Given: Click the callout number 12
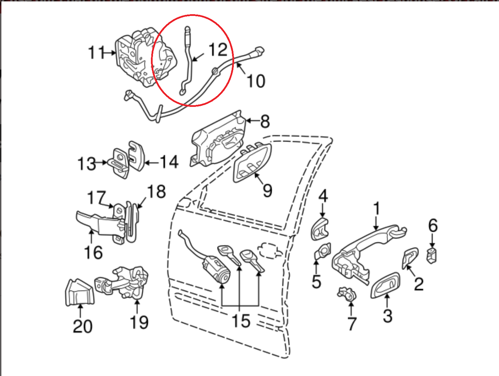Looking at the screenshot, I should pyautogui.click(x=218, y=50).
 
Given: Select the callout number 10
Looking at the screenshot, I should pyautogui.click(x=256, y=81).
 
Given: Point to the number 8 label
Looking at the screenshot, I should pyautogui.click(x=265, y=121).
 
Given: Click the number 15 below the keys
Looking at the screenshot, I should pyautogui.click(x=241, y=321).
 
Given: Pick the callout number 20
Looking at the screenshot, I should pyautogui.click(x=83, y=326).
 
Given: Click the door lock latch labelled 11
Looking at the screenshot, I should pyautogui.click(x=138, y=59).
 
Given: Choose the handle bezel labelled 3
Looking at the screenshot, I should pyautogui.click(x=386, y=285).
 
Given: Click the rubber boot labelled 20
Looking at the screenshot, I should pyautogui.click(x=79, y=293).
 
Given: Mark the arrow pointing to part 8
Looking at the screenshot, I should pyautogui.click(x=251, y=121).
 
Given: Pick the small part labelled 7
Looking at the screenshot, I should pyautogui.click(x=347, y=294).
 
